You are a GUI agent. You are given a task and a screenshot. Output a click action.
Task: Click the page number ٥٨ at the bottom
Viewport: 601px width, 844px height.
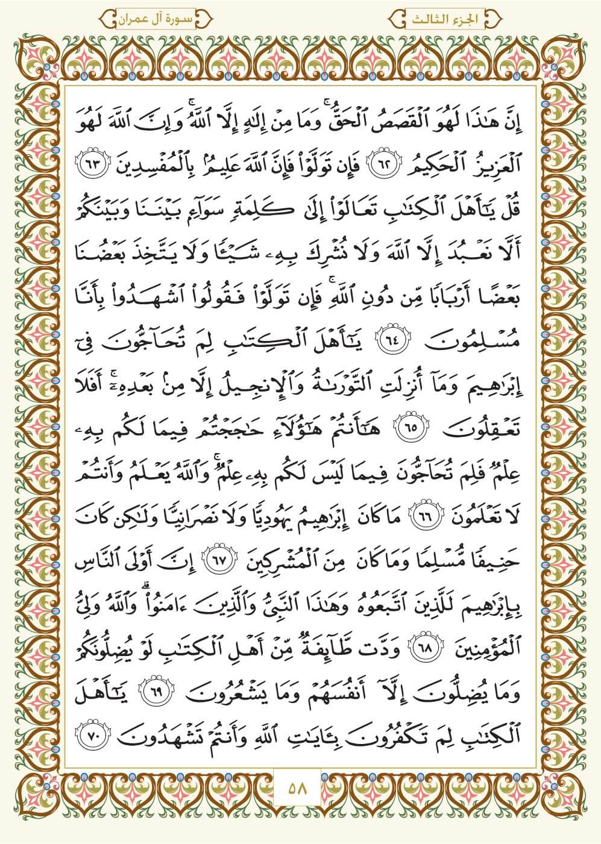[x=300, y=787]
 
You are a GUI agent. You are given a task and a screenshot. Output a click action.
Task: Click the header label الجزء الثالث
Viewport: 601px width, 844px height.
[x=450, y=19]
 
